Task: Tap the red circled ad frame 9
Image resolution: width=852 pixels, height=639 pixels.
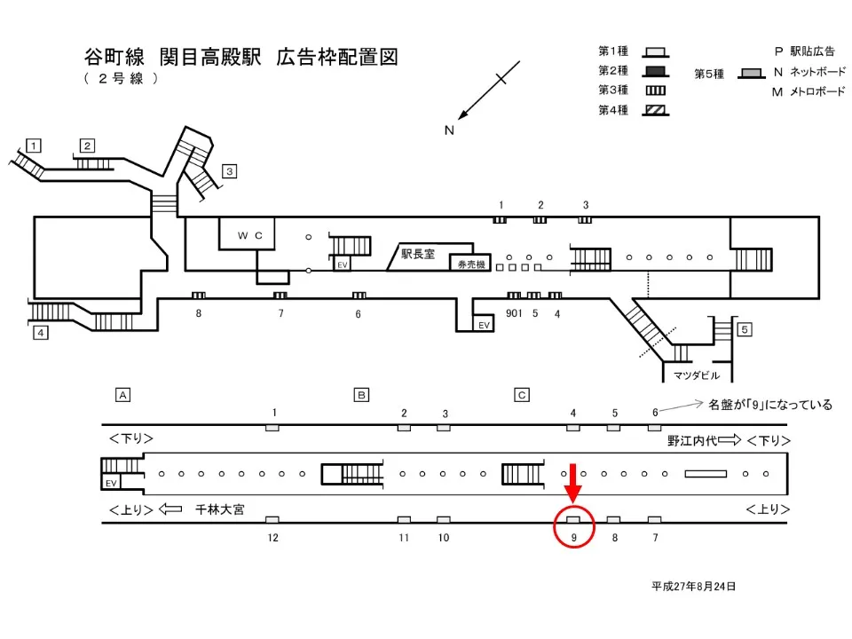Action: click(573, 519)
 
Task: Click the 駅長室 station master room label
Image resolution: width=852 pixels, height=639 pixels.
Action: click(417, 253)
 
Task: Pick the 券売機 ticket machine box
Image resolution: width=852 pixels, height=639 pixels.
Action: click(469, 264)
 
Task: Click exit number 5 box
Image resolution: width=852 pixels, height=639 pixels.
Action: click(745, 330)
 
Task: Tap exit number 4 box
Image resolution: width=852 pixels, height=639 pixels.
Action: click(40, 334)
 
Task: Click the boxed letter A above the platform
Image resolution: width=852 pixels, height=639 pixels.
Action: click(123, 394)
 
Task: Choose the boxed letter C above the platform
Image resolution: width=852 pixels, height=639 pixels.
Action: click(522, 394)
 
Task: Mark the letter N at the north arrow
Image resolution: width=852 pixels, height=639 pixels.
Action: click(449, 130)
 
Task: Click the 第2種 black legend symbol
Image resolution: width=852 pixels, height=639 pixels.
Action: click(657, 71)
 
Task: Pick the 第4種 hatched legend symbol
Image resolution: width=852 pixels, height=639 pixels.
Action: click(657, 111)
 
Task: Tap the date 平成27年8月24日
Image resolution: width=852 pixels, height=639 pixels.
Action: click(694, 587)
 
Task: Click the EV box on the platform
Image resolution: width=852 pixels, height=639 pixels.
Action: click(112, 483)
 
